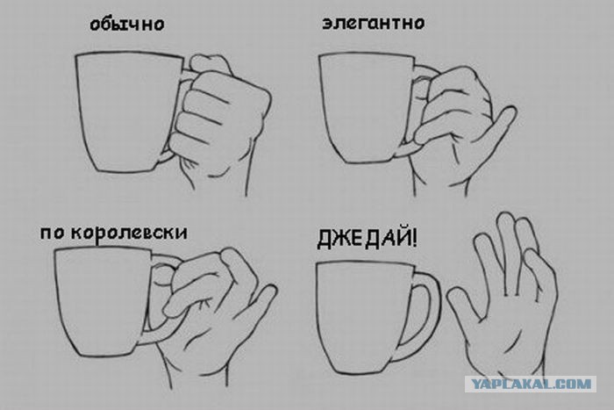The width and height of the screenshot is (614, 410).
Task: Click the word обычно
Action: tap(127, 25)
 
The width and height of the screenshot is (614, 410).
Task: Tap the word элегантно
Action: tap(373, 23)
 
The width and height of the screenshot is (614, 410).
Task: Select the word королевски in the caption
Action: tap(129, 233)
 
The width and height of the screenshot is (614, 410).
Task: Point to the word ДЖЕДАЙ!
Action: tap(367, 239)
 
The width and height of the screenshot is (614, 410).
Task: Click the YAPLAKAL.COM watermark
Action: tap(531, 384)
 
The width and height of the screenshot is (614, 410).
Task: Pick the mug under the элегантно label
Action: tap(368, 108)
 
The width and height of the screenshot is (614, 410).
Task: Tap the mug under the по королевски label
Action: tap(104, 302)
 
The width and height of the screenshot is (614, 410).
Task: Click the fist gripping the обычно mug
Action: tap(219, 118)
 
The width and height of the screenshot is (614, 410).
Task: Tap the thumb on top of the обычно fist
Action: tap(211, 64)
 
